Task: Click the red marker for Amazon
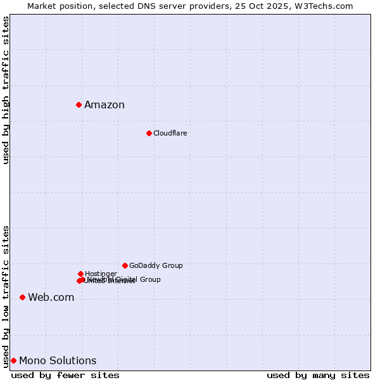(x=79, y=104)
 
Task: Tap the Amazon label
(x=104, y=105)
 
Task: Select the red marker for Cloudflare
(x=149, y=133)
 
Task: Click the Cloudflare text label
(x=170, y=133)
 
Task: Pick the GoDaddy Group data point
(x=125, y=265)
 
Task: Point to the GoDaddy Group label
(x=156, y=265)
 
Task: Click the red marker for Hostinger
(x=80, y=274)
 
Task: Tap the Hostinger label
(x=101, y=274)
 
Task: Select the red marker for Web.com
(x=22, y=297)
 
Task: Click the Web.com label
(x=51, y=298)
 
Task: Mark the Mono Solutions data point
(x=13, y=360)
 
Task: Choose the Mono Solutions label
(x=58, y=361)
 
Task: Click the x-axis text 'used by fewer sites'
(x=65, y=375)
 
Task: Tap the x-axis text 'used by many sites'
(x=318, y=375)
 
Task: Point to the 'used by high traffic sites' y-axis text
(x=6, y=90)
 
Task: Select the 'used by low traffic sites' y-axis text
(x=6, y=296)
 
